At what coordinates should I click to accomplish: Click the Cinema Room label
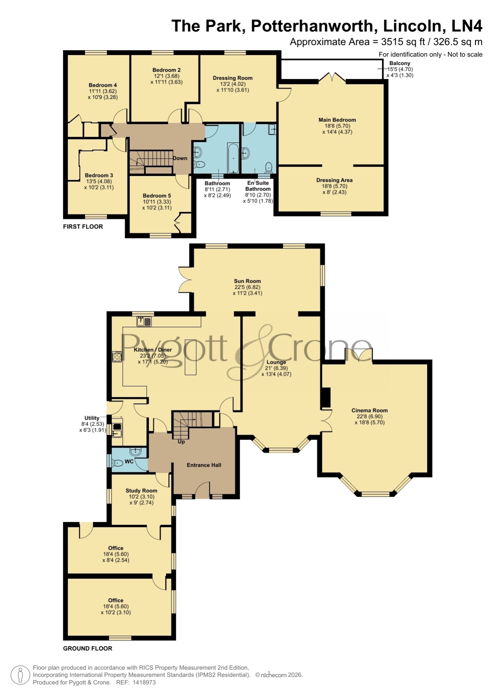point(369,410)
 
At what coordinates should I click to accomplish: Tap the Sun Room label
point(247,281)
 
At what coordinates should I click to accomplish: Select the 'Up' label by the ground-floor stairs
point(181,442)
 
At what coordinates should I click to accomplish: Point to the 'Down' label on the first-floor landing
point(180,158)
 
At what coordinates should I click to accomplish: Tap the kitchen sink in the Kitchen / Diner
point(144,321)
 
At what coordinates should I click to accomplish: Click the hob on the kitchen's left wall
point(117,356)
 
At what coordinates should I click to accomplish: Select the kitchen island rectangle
point(191,357)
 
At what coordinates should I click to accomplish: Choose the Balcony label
point(400,63)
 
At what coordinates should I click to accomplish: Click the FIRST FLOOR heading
point(83,227)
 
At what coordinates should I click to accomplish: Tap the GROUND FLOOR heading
point(88,649)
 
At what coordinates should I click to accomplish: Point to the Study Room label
point(141,491)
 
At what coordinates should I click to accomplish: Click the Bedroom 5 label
point(157,196)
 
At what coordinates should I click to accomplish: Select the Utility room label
point(92,418)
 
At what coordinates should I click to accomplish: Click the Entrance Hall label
point(204,465)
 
